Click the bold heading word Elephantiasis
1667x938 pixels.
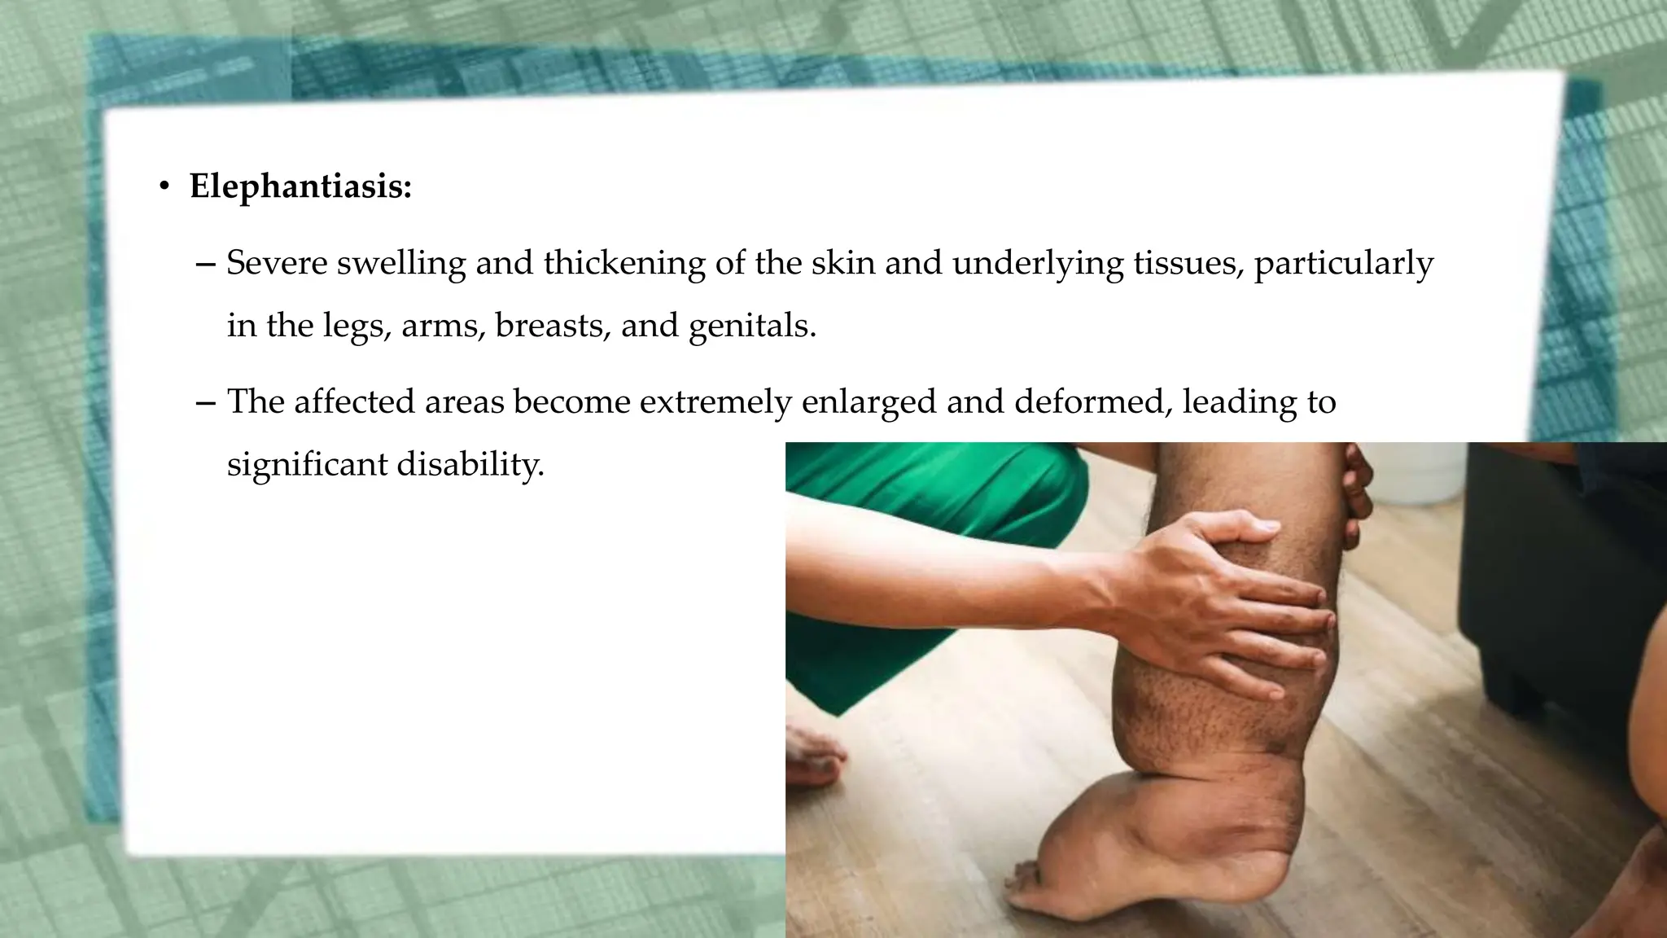pyautogui.click(x=300, y=187)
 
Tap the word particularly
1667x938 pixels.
pyautogui.click(x=1343, y=263)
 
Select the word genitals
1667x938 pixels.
pyautogui.click(x=751, y=326)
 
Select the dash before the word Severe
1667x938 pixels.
pyautogui.click(x=207, y=264)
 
